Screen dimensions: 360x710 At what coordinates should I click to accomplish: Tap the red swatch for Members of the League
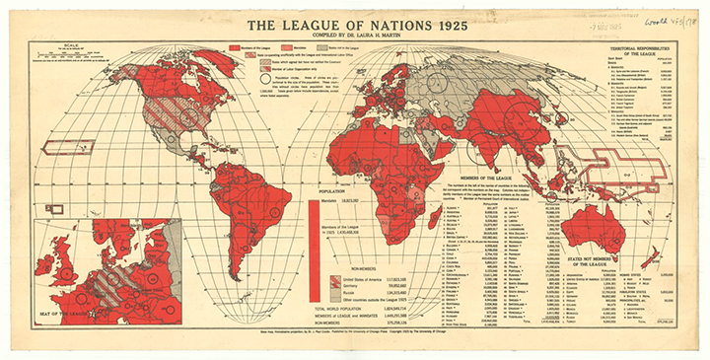click(235, 47)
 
